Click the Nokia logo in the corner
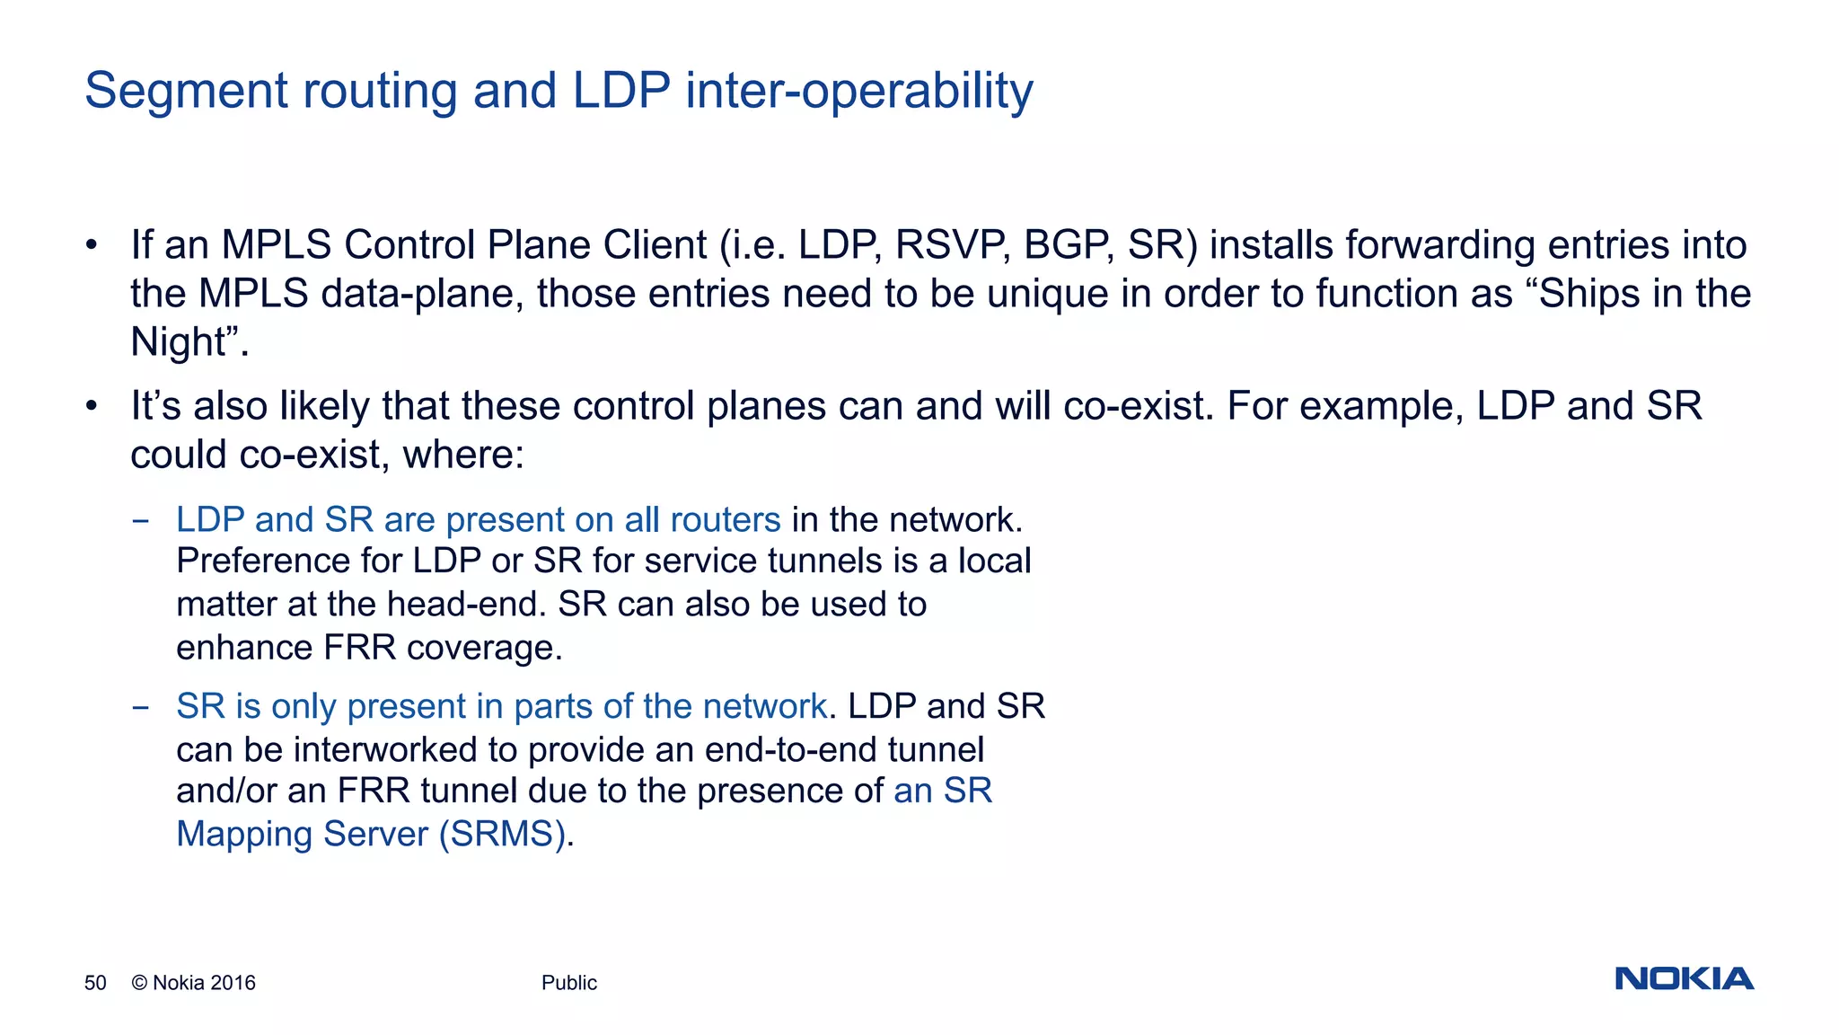click(1684, 978)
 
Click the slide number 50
click(95, 983)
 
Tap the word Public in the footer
click(568, 983)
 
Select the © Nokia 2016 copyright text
click(193, 983)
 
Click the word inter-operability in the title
click(858, 92)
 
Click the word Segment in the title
click(186, 92)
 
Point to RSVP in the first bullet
click(952, 245)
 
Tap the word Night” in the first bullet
click(189, 342)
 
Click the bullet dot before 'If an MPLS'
click(91, 245)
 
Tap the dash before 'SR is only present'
click(140, 708)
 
